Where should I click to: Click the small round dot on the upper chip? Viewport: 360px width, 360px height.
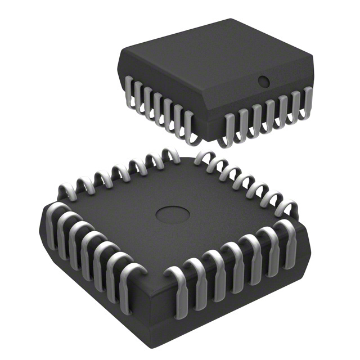pyautogui.click(x=263, y=82)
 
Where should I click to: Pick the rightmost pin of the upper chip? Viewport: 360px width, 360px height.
pyautogui.click(x=309, y=101)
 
